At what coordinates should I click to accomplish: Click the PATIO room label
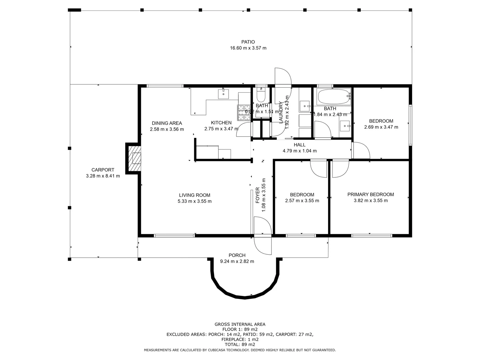coord(248,42)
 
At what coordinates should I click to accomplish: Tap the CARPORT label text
coord(103,170)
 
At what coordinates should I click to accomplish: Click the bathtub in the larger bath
coord(334,97)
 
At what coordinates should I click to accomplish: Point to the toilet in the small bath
coord(261,97)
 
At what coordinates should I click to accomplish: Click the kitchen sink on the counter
coord(223,94)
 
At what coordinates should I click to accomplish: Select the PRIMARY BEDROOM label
coord(370,195)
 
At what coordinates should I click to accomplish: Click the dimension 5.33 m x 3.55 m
coord(195,201)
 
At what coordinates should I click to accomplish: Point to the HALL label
coord(299,145)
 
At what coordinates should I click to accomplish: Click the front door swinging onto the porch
coord(263,246)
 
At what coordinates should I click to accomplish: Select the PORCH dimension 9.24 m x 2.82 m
coord(237,262)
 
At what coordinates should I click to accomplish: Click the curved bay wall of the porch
coord(245,297)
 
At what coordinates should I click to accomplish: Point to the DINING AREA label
coord(167,123)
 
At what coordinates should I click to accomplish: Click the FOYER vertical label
coord(258,195)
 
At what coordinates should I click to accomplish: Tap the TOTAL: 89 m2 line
coord(240,344)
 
